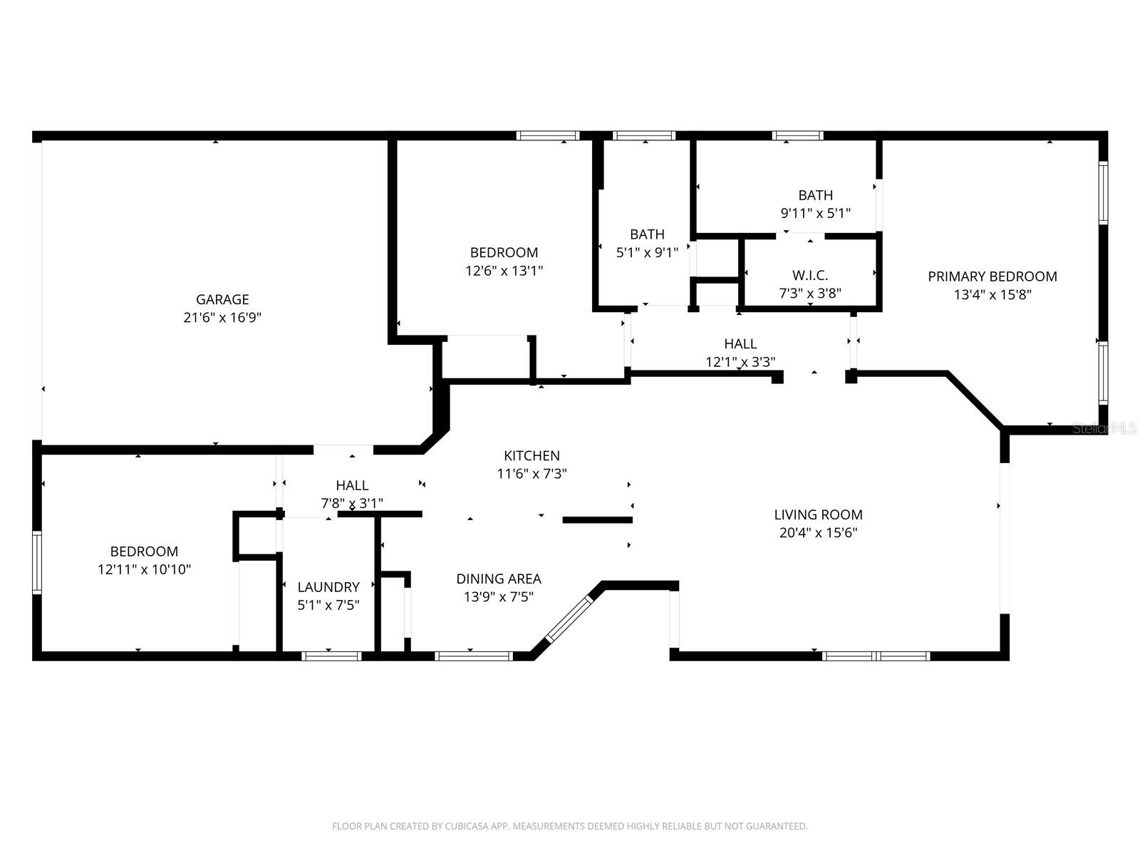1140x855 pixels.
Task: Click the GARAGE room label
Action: tap(222, 299)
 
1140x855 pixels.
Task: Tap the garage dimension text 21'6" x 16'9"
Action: tap(222, 318)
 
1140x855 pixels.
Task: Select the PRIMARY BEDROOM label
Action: tap(992, 276)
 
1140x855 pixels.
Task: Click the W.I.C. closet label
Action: tap(809, 276)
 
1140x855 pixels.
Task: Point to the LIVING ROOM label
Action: tap(818, 514)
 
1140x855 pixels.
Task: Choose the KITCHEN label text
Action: tap(532, 455)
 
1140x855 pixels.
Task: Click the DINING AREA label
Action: tap(498, 579)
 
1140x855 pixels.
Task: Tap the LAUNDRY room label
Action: tap(328, 587)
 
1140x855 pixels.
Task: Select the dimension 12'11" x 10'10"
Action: tap(144, 569)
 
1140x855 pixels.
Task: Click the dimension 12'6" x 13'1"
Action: tap(503, 271)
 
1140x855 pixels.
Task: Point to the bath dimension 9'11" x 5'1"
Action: tap(815, 213)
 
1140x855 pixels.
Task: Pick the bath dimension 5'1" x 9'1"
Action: tap(646, 252)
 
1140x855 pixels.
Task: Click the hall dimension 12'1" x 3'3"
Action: tap(740, 362)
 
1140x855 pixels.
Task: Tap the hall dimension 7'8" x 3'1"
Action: tap(352, 503)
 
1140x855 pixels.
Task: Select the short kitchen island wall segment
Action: tap(597, 520)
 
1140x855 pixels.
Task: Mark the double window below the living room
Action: tap(876, 655)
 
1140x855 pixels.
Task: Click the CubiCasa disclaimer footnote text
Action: tap(569, 826)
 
